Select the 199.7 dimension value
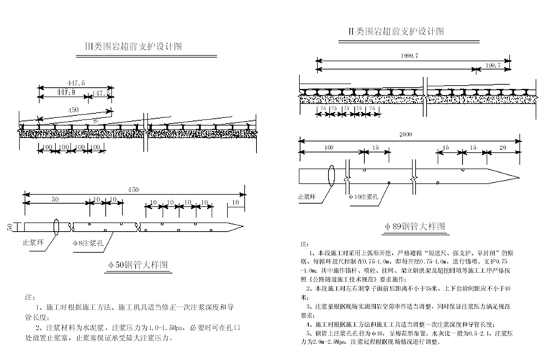(494, 66)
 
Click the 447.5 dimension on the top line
(74, 84)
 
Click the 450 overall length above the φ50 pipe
(132, 189)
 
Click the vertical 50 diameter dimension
(10, 227)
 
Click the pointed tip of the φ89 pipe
(516, 176)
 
